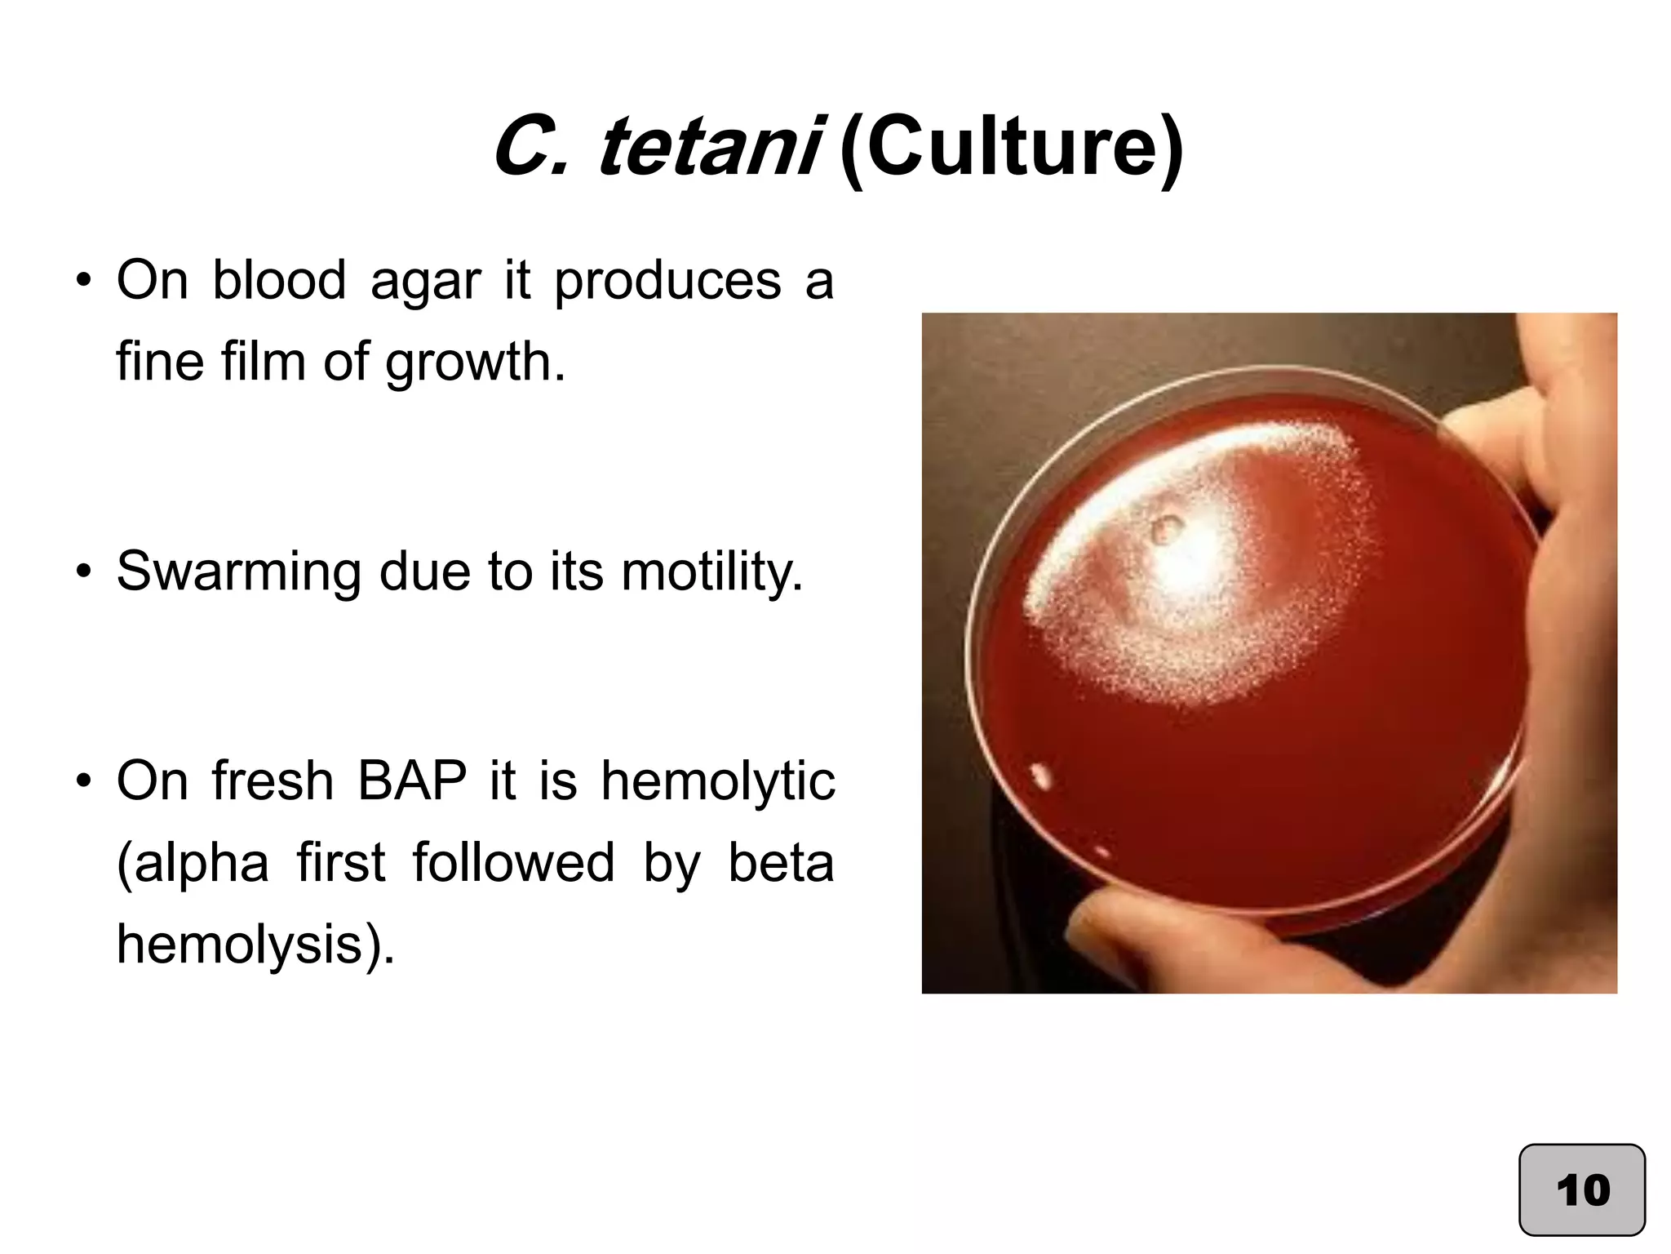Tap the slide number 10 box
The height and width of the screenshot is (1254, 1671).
tap(1581, 1190)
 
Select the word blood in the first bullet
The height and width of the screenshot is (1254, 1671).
tap(279, 281)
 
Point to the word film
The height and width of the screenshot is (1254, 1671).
tap(263, 361)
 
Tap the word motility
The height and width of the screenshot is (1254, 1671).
tap(712, 571)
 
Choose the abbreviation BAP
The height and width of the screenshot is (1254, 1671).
tap(412, 781)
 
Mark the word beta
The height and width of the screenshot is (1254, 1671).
tap(781, 864)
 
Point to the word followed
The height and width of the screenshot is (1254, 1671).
tap(513, 864)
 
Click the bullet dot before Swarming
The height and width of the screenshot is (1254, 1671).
tap(83, 571)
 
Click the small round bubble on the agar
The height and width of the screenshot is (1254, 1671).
tap(1167, 529)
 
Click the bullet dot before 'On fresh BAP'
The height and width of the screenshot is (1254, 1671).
tap(83, 781)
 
